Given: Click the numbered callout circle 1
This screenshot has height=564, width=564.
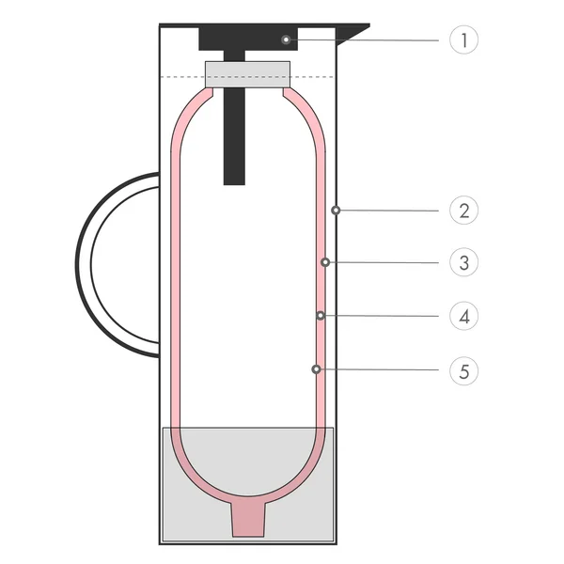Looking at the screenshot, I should tap(463, 40).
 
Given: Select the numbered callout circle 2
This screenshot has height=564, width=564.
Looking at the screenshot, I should tap(463, 211).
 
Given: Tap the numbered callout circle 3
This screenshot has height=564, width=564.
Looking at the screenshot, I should tap(463, 262).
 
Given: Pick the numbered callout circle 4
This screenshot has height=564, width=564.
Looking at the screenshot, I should tap(463, 316).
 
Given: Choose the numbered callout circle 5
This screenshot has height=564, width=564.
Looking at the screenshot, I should tap(463, 370).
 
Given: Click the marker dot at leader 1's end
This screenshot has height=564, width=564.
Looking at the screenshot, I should tap(285, 39).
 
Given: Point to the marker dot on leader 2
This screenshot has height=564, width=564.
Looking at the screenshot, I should tap(336, 211).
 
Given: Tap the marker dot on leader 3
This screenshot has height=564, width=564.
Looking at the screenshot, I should tap(325, 262).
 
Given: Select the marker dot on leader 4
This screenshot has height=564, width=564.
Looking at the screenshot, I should tap(321, 315).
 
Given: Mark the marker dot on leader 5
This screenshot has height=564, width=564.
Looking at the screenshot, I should tap(316, 369).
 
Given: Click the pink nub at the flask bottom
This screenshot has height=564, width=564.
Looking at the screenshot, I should tap(248, 518).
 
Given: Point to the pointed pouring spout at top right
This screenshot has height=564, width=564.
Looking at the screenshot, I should tap(353, 34).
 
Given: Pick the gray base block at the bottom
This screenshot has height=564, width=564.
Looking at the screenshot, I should tap(188, 508).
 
